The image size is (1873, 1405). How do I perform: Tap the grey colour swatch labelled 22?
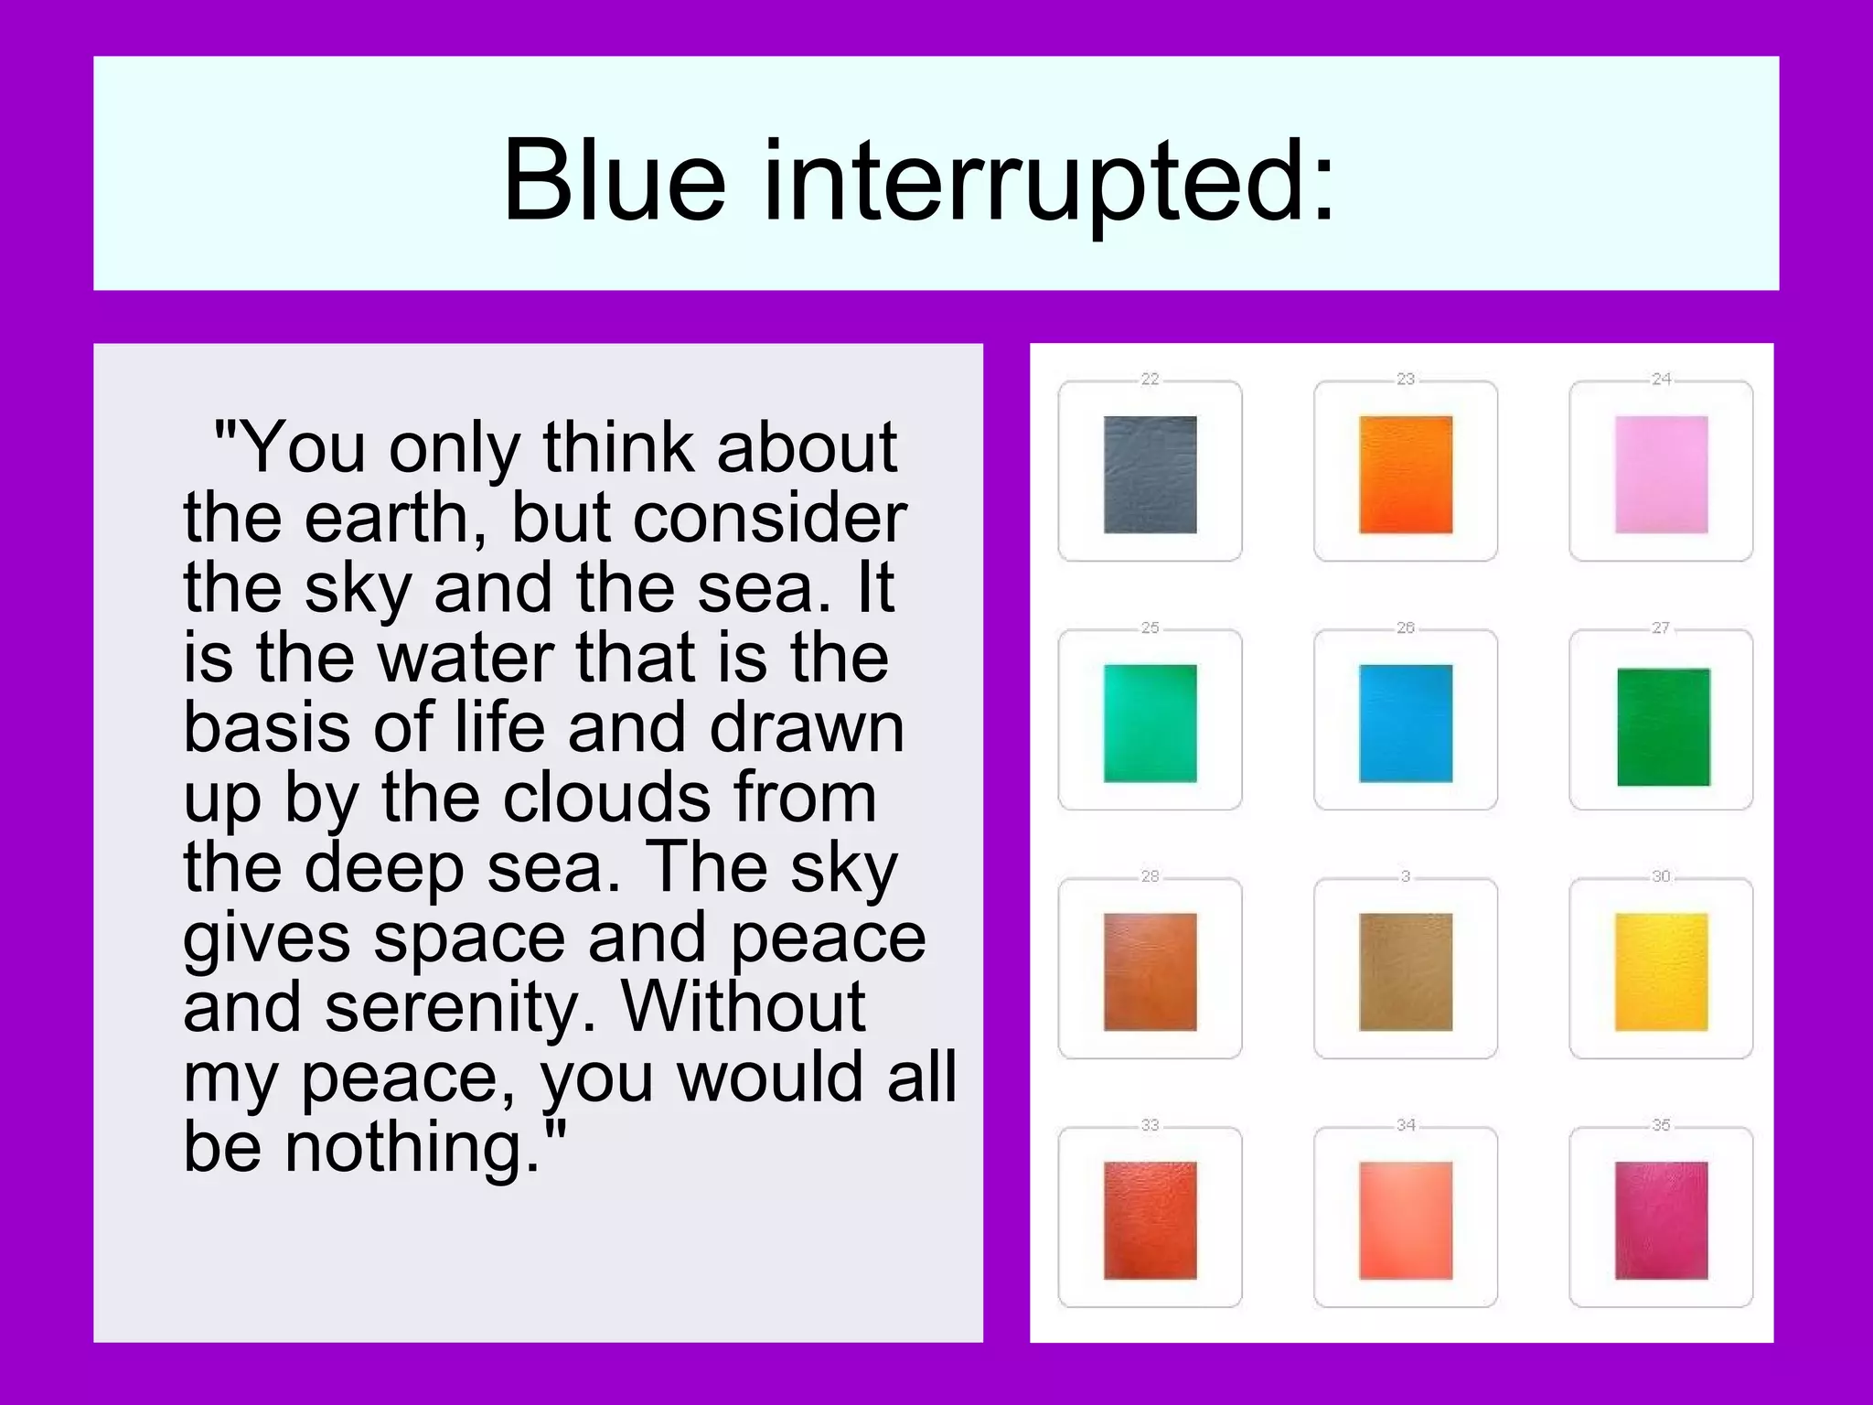tap(1150, 475)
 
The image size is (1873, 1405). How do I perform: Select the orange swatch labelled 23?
tap(1406, 475)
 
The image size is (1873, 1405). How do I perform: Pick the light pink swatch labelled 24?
tap(1661, 475)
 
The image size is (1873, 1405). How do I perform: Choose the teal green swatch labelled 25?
tap(1150, 724)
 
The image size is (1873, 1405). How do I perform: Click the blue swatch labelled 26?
tap(1406, 724)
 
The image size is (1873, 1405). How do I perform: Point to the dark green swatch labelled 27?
tap(1663, 727)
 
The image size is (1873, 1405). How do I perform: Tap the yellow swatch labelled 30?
tap(1661, 971)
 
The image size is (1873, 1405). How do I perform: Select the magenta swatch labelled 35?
tap(1661, 1220)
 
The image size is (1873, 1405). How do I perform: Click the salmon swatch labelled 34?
tap(1406, 1220)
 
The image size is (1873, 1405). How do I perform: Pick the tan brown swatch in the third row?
tap(1406, 971)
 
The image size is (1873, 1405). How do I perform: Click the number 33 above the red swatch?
tap(1150, 1125)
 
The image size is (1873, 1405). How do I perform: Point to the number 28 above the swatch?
tap(1150, 876)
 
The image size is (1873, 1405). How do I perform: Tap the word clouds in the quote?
tap(606, 797)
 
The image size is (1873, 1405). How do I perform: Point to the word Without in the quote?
tap(743, 1007)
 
